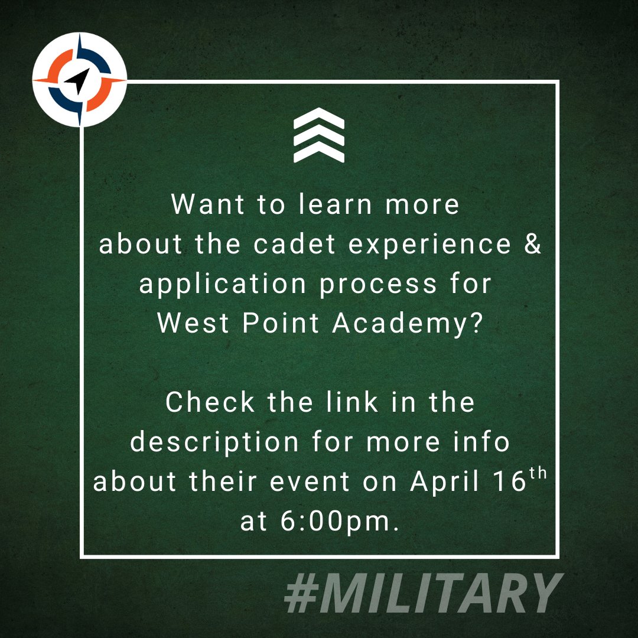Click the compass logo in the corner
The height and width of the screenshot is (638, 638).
pyautogui.click(x=80, y=80)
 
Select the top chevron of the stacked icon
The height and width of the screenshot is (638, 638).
pyautogui.click(x=319, y=119)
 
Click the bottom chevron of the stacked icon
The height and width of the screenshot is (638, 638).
pyautogui.click(x=319, y=153)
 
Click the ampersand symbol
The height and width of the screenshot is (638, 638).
pyautogui.click(x=532, y=245)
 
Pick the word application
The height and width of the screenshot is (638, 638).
pyautogui.click(x=222, y=285)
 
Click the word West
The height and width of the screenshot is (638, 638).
pyautogui.click(x=189, y=324)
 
